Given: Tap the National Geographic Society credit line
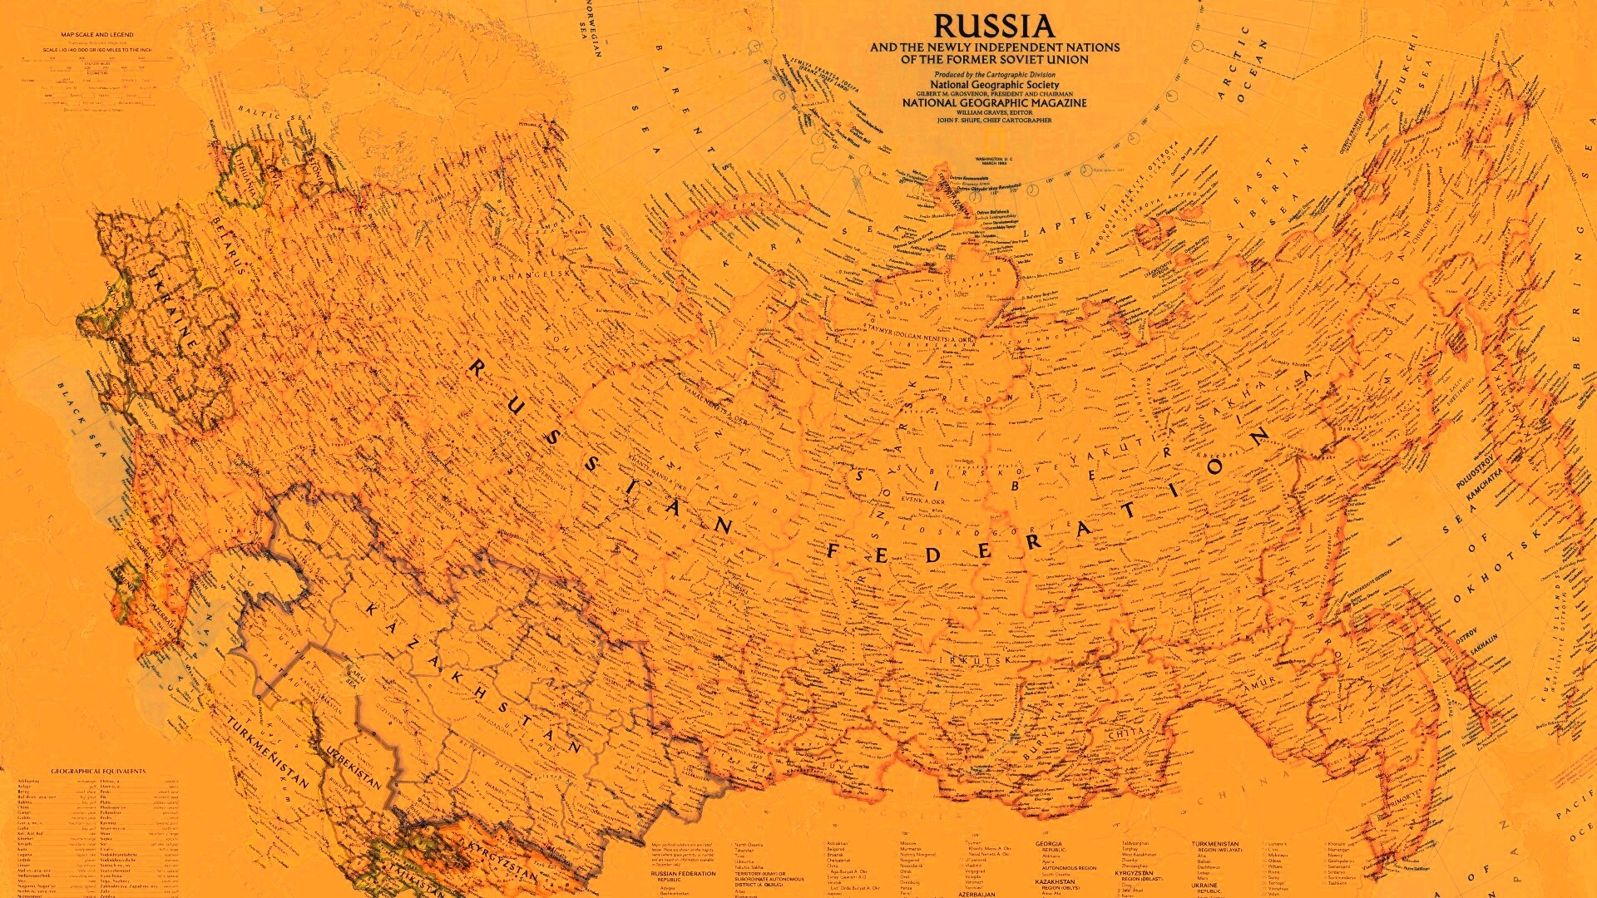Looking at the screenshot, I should (994, 85).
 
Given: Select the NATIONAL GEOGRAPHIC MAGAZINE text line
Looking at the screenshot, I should (994, 103).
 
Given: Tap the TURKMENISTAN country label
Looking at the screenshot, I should (267, 752).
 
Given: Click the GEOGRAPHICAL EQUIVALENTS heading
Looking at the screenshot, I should (98, 771).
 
